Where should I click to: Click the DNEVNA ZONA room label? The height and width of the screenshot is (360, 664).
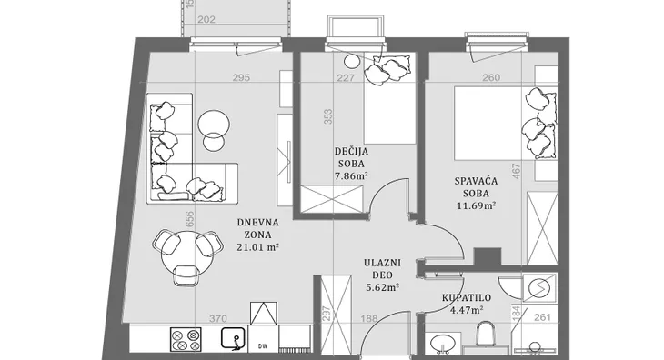tap(257, 228)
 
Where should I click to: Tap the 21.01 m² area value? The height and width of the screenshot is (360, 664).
tap(257, 247)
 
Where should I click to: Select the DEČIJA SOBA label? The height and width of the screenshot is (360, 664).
tap(351, 157)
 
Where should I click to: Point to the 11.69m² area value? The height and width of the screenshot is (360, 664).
tap(477, 206)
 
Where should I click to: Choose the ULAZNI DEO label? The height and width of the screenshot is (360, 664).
tap(382, 268)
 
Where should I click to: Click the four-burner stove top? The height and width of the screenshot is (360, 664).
tap(186, 340)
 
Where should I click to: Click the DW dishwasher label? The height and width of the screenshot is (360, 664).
tap(263, 345)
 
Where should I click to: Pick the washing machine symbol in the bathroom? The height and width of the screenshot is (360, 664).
tap(539, 288)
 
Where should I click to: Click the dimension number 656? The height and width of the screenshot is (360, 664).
tap(190, 219)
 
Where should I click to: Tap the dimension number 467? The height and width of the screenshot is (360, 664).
tap(517, 171)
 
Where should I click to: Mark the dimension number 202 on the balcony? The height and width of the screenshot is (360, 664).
tap(206, 19)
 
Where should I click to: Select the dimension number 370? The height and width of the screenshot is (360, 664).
tap(218, 318)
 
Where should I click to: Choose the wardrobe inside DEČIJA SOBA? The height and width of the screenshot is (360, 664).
tap(332, 199)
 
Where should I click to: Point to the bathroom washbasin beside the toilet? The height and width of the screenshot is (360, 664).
tap(441, 343)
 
